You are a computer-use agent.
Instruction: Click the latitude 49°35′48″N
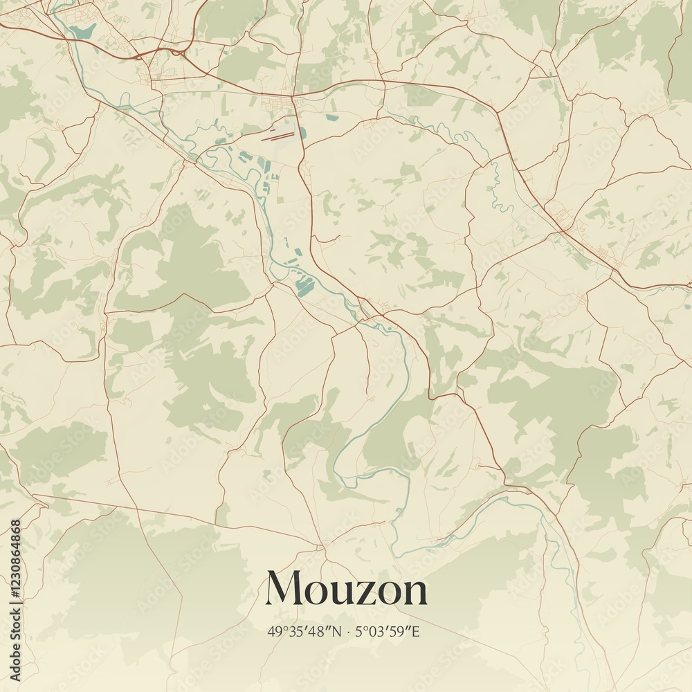(304, 631)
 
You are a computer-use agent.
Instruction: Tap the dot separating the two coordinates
(349, 632)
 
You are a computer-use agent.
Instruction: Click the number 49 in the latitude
(273, 631)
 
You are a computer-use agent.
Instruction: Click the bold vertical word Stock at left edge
(16, 626)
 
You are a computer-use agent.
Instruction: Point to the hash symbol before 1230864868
(16, 593)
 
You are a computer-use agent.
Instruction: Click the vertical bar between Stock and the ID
(16, 603)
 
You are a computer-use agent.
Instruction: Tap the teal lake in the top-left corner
(84, 30)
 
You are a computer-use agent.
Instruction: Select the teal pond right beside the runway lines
(302, 133)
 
